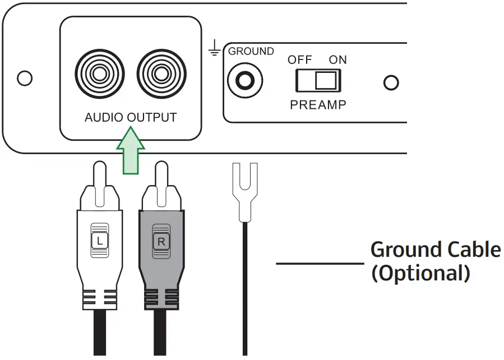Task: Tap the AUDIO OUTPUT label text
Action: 130,118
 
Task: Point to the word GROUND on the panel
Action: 251,52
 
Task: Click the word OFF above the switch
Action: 299,61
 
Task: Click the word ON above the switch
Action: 337,61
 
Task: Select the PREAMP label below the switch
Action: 318,105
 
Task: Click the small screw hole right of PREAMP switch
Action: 391,82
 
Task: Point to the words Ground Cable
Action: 435,249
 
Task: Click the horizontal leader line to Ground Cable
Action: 320,262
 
